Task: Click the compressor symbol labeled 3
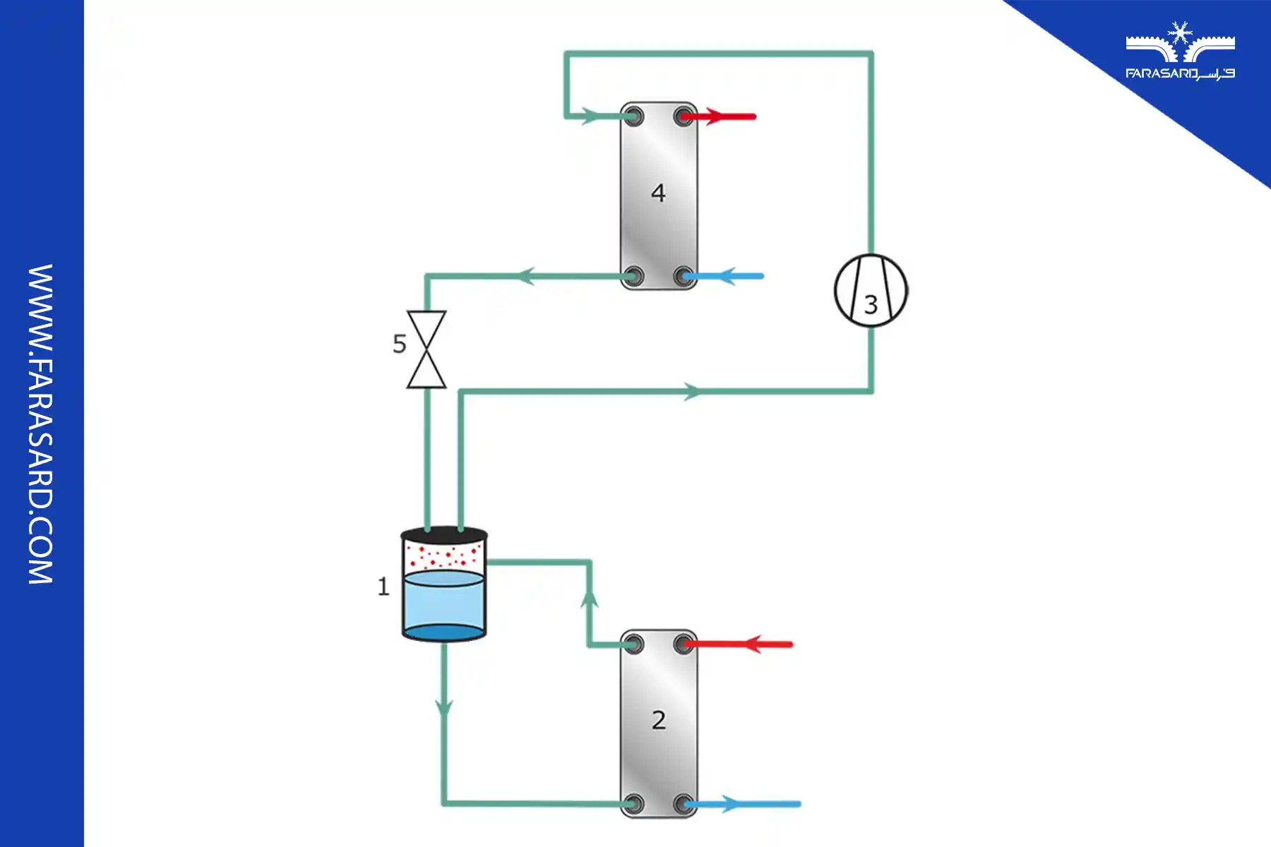pyautogui.click(x=871, y=290)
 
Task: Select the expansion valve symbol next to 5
pyautogui.click(x=426, y=349)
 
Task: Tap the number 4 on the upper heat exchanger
pyautogui.click(x=658, y=193)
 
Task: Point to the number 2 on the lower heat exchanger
pyautogui.click(x=658, y=720)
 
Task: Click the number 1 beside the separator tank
pyautogui.click(x=383, y=587)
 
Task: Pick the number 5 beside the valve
pyautogui.click(x=400, y=344)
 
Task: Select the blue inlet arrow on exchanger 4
pyautogui.click(x=727, y=276)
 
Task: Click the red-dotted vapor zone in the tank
pyautogui.click(x=443, y=557)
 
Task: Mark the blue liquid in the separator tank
pyautogui.click(x=443, y=603)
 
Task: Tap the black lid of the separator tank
pyautogui.click(x=443, y=534)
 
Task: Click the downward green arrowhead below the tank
pyautogui.click(x=443, y=708)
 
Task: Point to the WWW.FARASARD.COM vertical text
pyautogui.click(x=40, y=423)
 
